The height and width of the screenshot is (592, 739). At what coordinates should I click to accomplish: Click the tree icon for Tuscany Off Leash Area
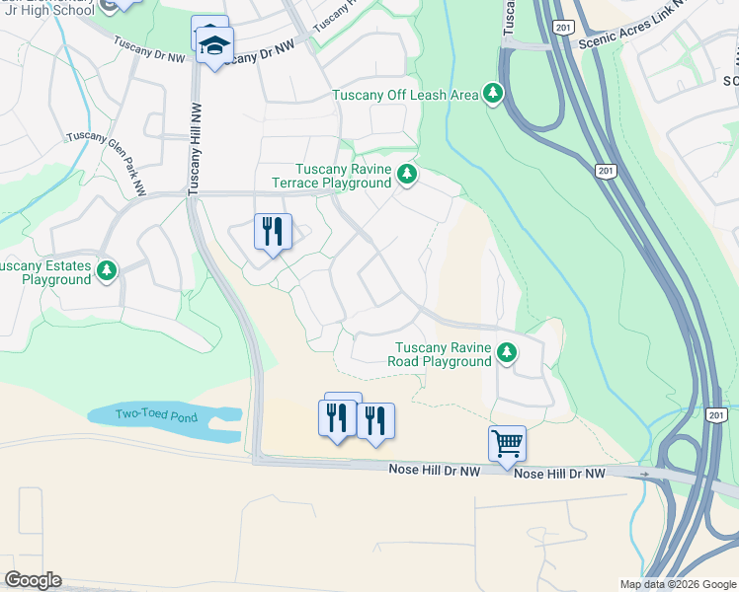coord(493,94)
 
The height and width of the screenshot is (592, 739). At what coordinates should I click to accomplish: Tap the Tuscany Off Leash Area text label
coord(405,95)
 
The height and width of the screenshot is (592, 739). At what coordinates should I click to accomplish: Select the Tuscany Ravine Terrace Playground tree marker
coord(406,176)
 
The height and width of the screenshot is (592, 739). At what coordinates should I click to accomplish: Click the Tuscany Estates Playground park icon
coord(107,269)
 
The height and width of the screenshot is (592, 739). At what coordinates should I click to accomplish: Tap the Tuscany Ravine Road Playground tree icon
coord(507,352)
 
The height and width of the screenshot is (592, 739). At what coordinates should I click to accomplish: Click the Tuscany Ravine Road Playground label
coord(444,354)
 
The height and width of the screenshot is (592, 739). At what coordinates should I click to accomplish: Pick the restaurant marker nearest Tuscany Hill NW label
coord(272,233)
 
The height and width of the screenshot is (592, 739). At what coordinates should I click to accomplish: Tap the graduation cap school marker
coord(214,46)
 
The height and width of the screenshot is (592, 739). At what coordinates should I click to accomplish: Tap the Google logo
coord(33,580)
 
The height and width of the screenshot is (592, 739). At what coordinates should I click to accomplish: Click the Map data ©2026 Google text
coord(678,584)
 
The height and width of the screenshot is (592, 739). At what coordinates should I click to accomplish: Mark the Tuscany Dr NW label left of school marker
coord(148,49)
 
